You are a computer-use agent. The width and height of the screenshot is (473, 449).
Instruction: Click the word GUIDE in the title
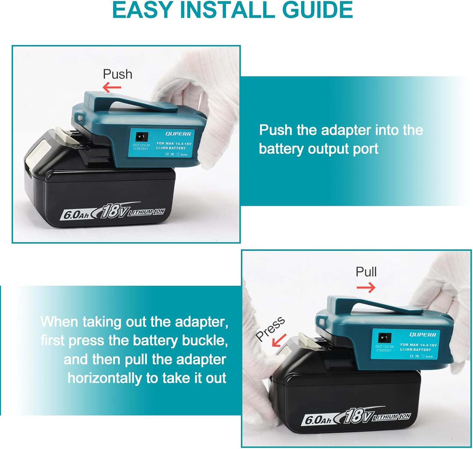point(318,10)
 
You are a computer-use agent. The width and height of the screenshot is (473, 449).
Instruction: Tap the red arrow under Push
point(112,87)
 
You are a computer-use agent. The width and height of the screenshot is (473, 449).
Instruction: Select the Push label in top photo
point(117,74)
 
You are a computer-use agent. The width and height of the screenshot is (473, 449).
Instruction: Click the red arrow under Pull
point(366,287)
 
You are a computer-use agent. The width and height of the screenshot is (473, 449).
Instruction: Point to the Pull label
point(366,272)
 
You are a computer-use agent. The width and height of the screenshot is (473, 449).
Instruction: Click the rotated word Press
point(270,329)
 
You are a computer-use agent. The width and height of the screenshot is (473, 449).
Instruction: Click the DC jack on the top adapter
point(141,137)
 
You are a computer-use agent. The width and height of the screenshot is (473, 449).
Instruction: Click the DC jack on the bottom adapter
point(384,338)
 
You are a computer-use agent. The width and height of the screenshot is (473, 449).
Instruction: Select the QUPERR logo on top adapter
point(178,134)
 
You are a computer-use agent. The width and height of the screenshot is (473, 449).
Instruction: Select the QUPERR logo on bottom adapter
point(423,335)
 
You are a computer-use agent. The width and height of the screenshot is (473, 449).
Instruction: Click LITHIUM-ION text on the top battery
point(146,212)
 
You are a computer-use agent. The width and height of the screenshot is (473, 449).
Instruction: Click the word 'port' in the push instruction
point(365,149)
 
